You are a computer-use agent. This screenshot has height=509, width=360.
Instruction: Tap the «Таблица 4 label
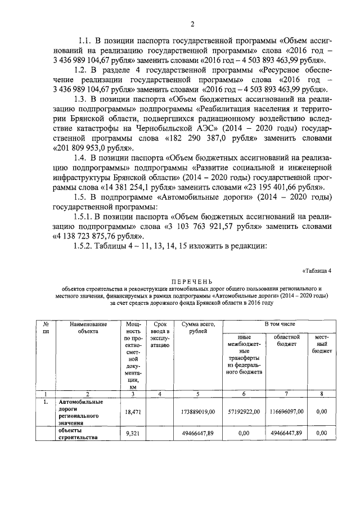pyautogui.click(x=317, y=269)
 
